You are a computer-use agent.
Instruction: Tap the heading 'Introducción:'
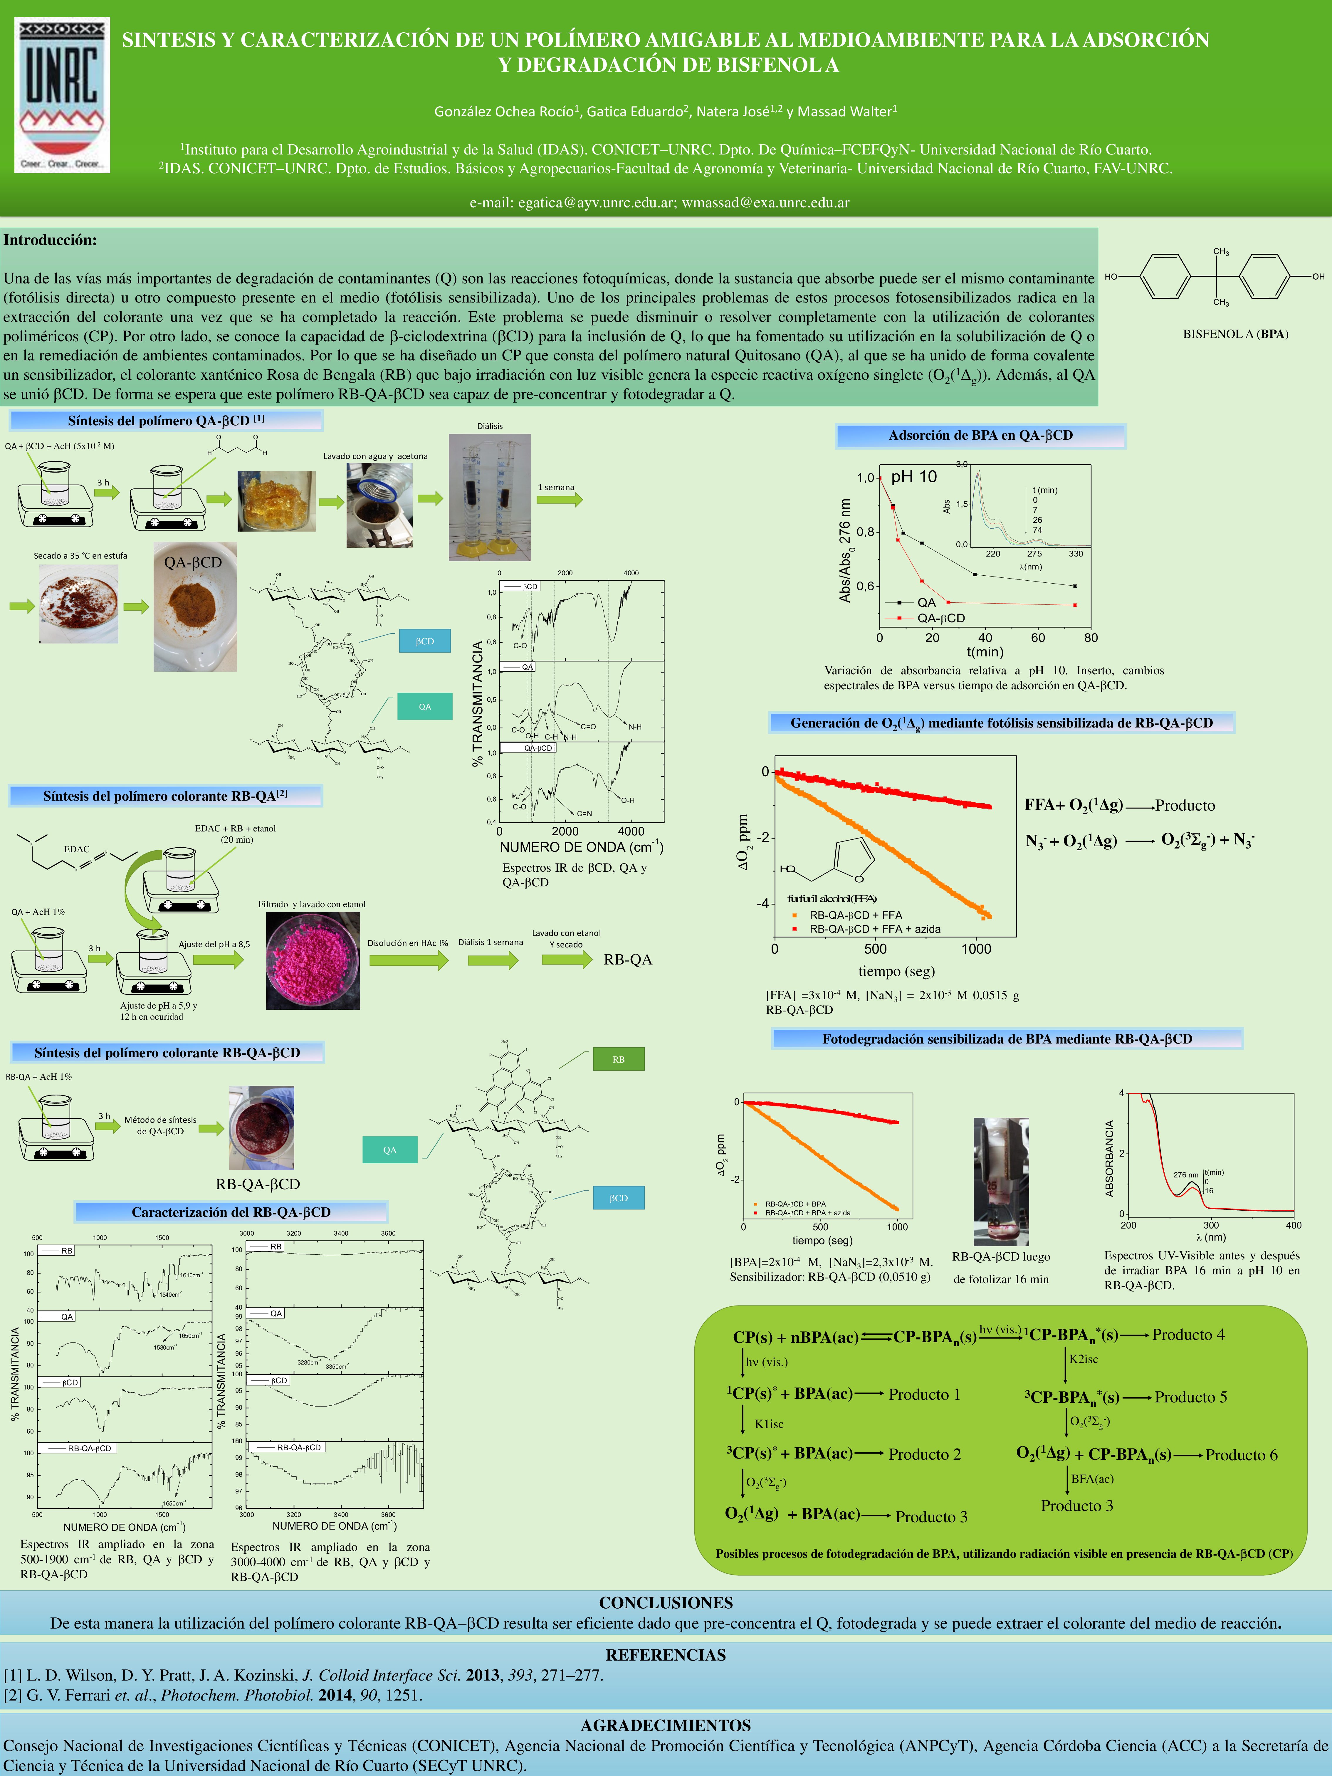[x=50, y=240]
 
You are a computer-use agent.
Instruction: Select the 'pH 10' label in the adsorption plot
[x=914, y=477]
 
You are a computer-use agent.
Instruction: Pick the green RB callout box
[x=618, y=1059]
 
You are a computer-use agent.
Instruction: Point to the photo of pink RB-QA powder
[x=312, y=960]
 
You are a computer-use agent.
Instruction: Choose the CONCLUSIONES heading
[x=666, y=1603]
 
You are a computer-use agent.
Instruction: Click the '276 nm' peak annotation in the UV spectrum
[x=1185, y=1175]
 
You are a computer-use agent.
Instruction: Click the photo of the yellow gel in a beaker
[x=276, y=501]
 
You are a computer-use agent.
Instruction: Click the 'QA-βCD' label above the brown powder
[x=193, y=562]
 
